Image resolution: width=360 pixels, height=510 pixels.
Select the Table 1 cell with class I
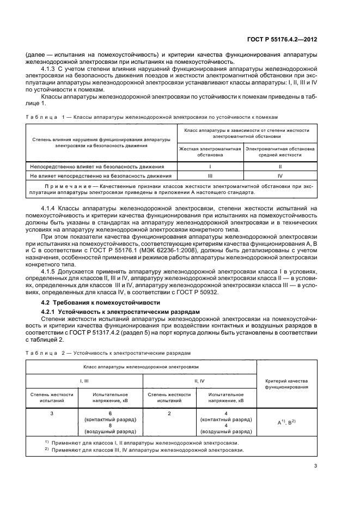pyautogui.click(x=210, y=166)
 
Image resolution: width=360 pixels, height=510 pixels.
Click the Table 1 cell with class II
pyautogui.click(x=280, y=166)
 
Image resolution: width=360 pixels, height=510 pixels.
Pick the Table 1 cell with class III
pyautogui.click(x=210, y=176)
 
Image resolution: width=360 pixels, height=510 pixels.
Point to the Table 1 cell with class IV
pyautogui.click(x=280, y=176)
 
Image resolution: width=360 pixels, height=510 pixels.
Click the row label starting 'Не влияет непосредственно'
pyautogui.click(x=101, y=176)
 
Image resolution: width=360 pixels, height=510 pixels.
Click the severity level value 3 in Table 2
pyautogui.click(x=52, y=414)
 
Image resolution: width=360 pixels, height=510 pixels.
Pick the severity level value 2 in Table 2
pyautogui.click(x=169, y=414)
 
